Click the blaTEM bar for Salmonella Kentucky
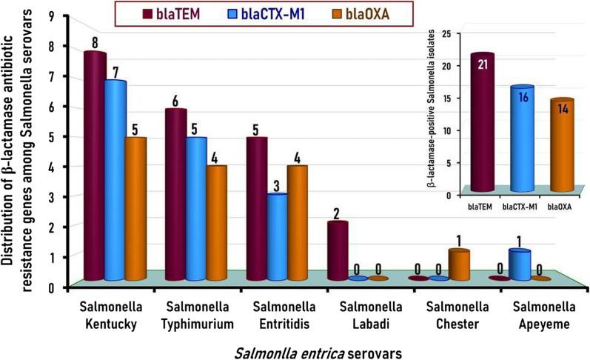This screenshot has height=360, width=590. [94, 167]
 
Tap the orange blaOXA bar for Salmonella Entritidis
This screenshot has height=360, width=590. [297, 222]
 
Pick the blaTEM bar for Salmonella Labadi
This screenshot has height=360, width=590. [338, 252]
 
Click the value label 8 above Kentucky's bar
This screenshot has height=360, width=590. [95, 43]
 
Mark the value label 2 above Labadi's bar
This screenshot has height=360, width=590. [338, 213]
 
